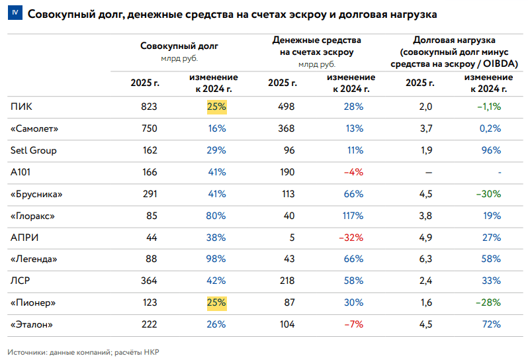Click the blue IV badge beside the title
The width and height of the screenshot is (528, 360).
click(x=15, y=13)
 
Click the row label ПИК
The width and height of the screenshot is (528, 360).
click(x=21, y=107)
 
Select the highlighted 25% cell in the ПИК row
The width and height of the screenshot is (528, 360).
click(x=217, y=107)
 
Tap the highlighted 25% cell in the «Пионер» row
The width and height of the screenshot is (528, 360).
click(x=217, y=302)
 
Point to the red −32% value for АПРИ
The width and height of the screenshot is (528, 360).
click(x=351, y=238)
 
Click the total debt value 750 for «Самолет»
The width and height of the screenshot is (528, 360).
click(x=149, y=128)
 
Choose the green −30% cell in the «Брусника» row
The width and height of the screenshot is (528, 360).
click(x=488, y=195)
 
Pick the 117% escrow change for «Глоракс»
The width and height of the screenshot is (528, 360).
click(x=353, y=216)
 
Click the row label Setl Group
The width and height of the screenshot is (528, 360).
click(x=33, y=150)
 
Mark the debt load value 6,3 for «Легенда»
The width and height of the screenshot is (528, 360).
click(x=426, y=259)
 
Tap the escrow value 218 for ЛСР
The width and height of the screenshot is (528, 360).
click(x=287, y=281)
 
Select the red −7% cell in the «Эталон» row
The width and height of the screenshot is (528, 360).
click(x=354, y=325)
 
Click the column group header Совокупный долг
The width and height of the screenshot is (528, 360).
click(x=179, y=46)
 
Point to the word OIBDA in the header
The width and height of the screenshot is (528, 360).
click(x=501, y=64)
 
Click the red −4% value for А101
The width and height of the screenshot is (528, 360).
click(x=353, y=173)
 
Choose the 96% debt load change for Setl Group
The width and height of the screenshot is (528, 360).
click(x=492, y=150)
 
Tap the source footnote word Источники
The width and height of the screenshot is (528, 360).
click(x=27, y=352)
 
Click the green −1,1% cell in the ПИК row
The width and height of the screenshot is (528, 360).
click(x=489, y=107)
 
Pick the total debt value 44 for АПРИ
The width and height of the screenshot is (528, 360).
click(x=152, y=238)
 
